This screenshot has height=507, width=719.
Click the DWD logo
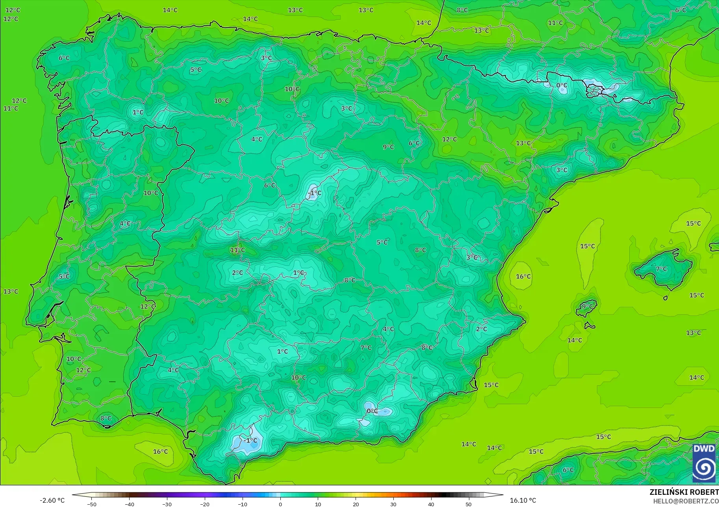point(704,463)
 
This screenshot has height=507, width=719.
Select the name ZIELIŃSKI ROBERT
point(684,492)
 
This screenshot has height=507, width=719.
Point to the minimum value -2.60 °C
point(52,500)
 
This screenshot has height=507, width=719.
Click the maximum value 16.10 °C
point(523,500)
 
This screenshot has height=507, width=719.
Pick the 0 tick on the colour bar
point(280,504)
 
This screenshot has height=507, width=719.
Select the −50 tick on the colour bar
point(92,504)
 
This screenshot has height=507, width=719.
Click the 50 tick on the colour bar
point(469,504)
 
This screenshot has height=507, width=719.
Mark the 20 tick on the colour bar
point(356,504)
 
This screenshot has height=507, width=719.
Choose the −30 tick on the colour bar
point(167,504)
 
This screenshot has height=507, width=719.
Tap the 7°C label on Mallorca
point(662,269)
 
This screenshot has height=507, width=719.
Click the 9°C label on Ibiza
point(587,306)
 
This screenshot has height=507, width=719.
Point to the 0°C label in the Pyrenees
point(562,85)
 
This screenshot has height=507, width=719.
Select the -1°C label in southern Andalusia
point(250,440)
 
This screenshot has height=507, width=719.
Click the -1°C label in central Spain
point(315,193)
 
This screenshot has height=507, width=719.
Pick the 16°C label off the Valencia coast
point(523,277)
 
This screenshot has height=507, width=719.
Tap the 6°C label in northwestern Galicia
point(64,58)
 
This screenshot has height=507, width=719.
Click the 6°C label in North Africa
point(568,470)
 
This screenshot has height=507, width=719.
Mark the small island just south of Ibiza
point(589,326)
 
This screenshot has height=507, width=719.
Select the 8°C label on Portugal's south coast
point(106,418)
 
